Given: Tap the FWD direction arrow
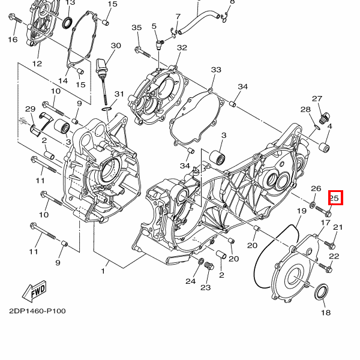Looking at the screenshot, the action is [35, 291].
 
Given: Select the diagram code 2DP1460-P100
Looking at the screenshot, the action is [37, 311].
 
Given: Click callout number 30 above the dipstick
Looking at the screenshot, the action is [116, 46].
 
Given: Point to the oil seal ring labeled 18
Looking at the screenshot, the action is [321, 292].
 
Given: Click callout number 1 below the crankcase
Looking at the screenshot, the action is [103, 271].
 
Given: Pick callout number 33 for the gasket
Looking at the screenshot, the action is [216, 70].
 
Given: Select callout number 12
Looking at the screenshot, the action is [37, 64].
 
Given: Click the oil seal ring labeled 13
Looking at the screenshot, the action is [68, 23].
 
